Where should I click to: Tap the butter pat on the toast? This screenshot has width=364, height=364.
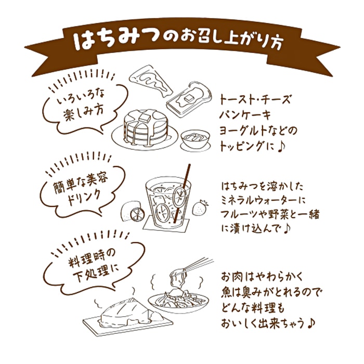point(187,96)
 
